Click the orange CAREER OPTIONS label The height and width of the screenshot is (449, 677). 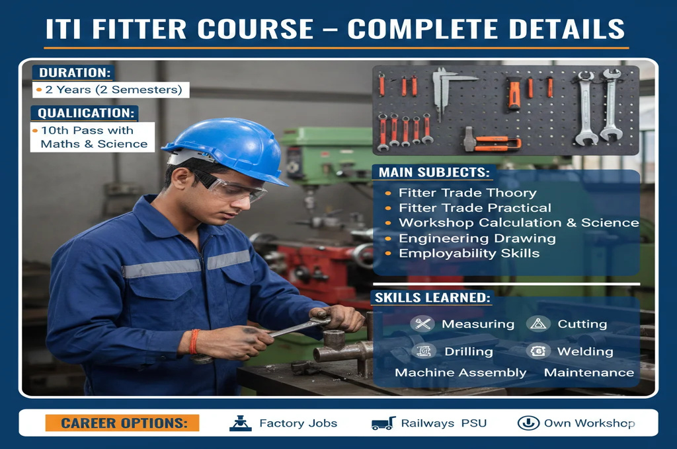[x=122, y=423]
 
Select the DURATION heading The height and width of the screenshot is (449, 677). [x=74, y=73]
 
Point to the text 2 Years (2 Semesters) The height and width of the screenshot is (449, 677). [x=114, y=90]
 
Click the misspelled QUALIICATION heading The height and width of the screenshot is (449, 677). [x=85, y=113]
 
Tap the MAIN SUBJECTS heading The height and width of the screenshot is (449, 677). [x=434, y=172]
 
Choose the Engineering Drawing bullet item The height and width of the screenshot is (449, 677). [x=477, y=238]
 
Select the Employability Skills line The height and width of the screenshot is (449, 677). [x=469, y=253]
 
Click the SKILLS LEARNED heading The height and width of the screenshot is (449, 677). [x=432, y=298]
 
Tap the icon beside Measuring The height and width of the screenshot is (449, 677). [x=422, y=324]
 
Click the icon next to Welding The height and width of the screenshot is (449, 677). [x=538, y=351]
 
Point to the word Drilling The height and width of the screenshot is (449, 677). [x=469, y=351]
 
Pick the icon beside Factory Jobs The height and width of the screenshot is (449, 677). [x=241, y=423]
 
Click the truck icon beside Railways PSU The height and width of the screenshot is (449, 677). [x=383, y=423]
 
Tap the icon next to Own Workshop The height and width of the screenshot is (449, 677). [x=528, y=423]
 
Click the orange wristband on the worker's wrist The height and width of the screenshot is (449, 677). [x=194, y=341]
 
